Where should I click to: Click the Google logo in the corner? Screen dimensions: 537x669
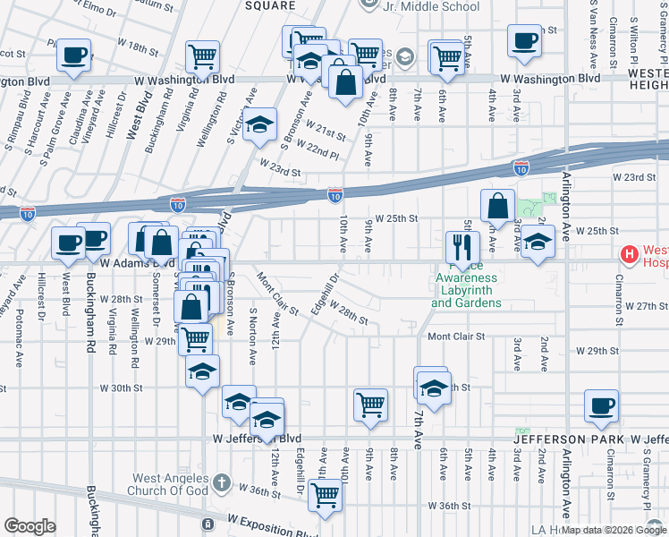coord(30,526)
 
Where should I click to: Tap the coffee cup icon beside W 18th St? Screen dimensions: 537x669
coord(73,55)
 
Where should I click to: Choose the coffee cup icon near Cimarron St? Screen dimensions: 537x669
coord(600,405)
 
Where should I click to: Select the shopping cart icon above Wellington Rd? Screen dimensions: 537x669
coord(202,56)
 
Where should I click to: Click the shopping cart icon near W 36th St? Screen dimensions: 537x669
coord(325,494)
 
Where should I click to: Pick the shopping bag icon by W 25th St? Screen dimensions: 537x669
coord(496,205)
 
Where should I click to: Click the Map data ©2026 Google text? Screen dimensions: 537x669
coord(613,530)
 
